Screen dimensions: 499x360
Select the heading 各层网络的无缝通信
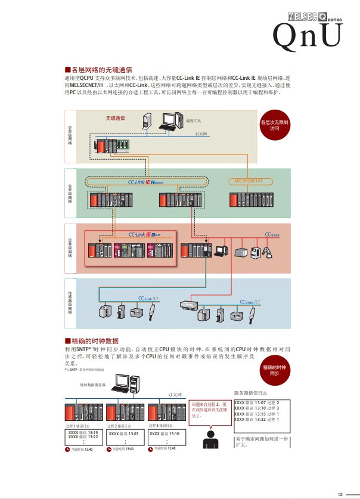(98, 69)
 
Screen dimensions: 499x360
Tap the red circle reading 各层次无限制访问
(274, 125)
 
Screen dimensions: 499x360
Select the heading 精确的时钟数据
(95, 340)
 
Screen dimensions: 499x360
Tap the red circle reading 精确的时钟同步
(274, 370)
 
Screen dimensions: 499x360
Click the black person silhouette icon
(210, 439)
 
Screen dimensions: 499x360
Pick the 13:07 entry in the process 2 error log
(125, 433)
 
